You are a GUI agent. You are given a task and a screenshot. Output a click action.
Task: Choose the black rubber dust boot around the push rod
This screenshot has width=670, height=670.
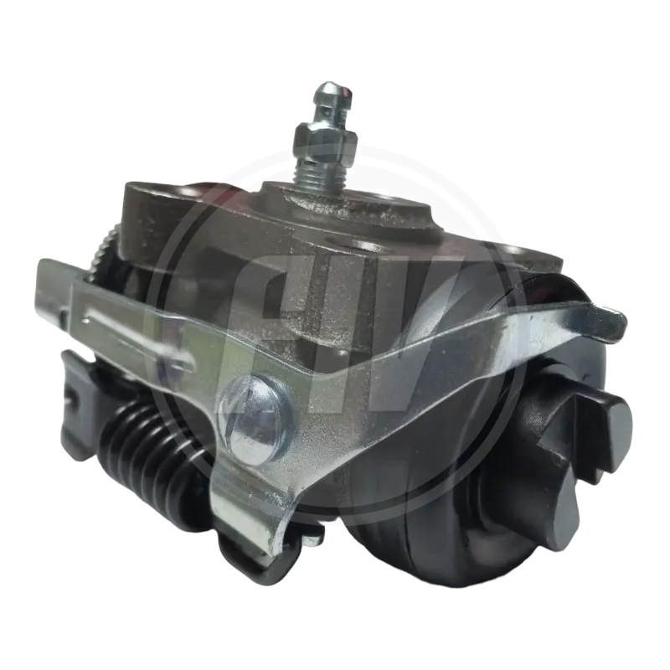click(469, 469)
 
